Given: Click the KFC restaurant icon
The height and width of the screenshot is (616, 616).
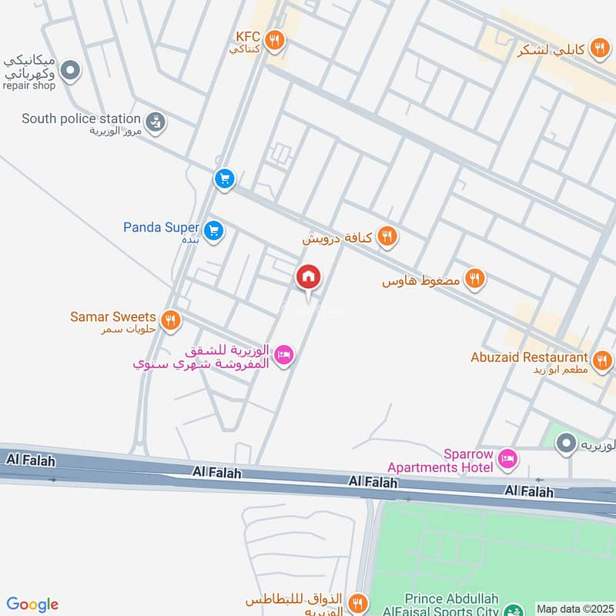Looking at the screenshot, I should (x=273, y=39).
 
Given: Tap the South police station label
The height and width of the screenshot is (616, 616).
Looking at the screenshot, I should (x=81, y=119).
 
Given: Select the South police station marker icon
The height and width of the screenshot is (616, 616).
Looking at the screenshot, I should (x=156, y=122).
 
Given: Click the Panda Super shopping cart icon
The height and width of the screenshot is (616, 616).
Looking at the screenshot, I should (x=215, y=229).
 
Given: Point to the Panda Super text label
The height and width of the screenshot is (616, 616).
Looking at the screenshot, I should (x=161, y=227).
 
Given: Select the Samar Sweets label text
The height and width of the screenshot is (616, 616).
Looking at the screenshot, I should (x=112, y=316).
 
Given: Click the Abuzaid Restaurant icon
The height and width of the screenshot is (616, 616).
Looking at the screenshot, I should (x=602, y=360).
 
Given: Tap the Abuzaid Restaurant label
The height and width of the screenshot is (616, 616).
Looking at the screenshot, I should (x=530, y=357).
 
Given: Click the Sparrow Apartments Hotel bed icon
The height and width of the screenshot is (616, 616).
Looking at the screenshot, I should (x=507, y=460).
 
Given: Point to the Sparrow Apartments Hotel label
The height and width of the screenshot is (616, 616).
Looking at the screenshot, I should (x=440, y=460).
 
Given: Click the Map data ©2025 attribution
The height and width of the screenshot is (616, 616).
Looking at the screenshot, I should (x=574, y=608).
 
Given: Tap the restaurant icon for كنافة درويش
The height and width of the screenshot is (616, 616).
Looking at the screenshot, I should (x=387, y=237).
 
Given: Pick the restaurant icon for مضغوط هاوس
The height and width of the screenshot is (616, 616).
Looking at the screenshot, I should (x=475, y=279).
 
